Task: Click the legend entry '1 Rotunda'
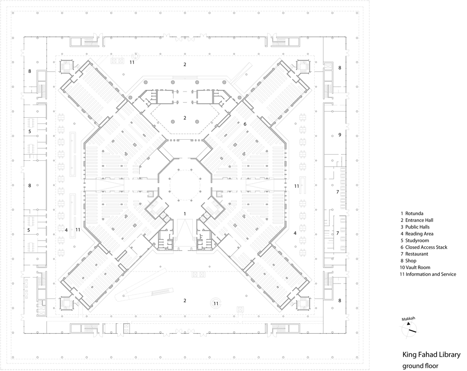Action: coord(412,214)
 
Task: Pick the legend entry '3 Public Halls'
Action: coord(415,227)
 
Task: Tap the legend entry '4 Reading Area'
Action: coord(417,234)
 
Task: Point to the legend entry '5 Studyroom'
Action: coord(415,241)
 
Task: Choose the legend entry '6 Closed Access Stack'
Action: coord(424,247)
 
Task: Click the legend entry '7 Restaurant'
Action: coord(414,254)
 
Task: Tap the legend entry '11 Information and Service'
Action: coord(428,274)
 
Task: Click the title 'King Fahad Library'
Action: coord(432,355)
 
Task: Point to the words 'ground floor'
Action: coord(420,366)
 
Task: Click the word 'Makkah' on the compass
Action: coord(408,319)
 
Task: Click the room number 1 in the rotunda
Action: coord(184,214)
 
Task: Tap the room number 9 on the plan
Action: coord(340,135)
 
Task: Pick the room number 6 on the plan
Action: coord(245,124)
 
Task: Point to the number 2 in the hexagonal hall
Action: coord(184,118)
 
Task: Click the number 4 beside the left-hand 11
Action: coord(66,230)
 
